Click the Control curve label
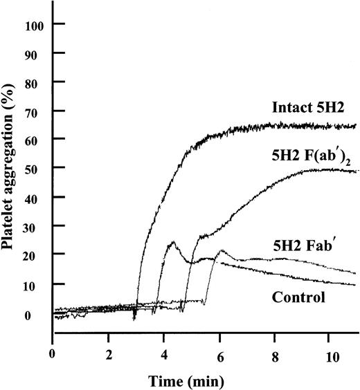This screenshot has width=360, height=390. pyautogui.click(x=300, y=298)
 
